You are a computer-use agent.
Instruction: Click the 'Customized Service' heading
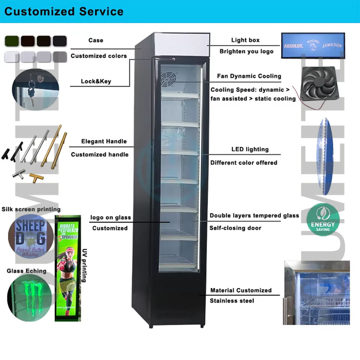(64, 11)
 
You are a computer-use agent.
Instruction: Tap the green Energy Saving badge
(322, 219)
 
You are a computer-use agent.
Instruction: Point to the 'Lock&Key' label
(96, 81)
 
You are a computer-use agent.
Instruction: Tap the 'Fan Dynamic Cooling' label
(249, 76)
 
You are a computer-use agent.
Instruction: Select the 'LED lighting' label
(250, 149)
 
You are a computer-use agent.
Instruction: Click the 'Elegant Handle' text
(104, 141)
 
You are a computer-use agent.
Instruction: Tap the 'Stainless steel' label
(232, 301)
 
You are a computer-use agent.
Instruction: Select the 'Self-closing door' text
(235, 228)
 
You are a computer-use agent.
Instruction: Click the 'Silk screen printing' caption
(31, 209)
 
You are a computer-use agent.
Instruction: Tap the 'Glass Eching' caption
(27, 271)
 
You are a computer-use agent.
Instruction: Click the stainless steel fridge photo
(317, 292)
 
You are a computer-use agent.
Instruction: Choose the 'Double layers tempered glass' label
(254, 216)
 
